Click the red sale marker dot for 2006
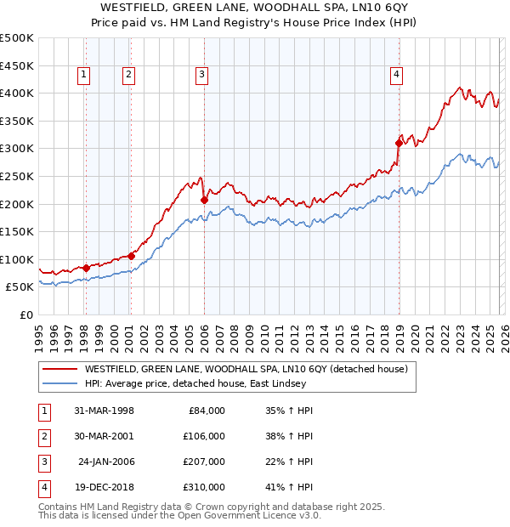[x=204, y=201]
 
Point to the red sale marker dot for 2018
[x=398, y=144]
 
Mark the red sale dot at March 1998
[x=86, y=268]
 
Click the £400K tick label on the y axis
[x=17, y=93]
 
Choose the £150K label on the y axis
[x=17, y=231]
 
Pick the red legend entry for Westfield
[x=246, y=369]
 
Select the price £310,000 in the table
[x=203, y=488]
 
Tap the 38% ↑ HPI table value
[x=296, y=437]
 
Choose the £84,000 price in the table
[x=207, y=411]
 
